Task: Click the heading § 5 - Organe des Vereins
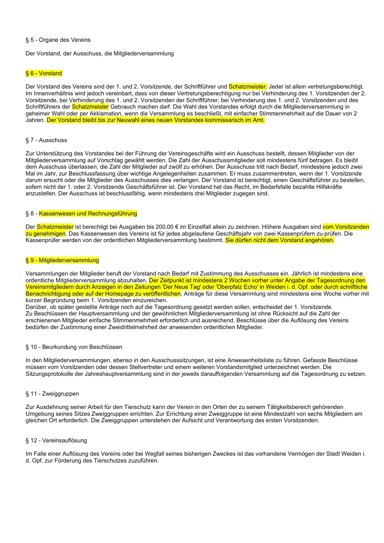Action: tap(58, 40)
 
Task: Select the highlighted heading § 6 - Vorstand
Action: tap(44, 73)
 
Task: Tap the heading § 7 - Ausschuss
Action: tap(46, 140)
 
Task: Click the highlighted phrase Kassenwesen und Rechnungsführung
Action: tap(88, 214)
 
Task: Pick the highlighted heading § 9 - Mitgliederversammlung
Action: tap(62, 260)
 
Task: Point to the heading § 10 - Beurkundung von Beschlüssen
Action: tap(74, 347)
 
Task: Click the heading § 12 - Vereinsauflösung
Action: tap(56, 441)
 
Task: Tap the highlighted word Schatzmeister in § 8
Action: tap(55, 227)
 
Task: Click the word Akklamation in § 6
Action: tap(105, 114)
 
